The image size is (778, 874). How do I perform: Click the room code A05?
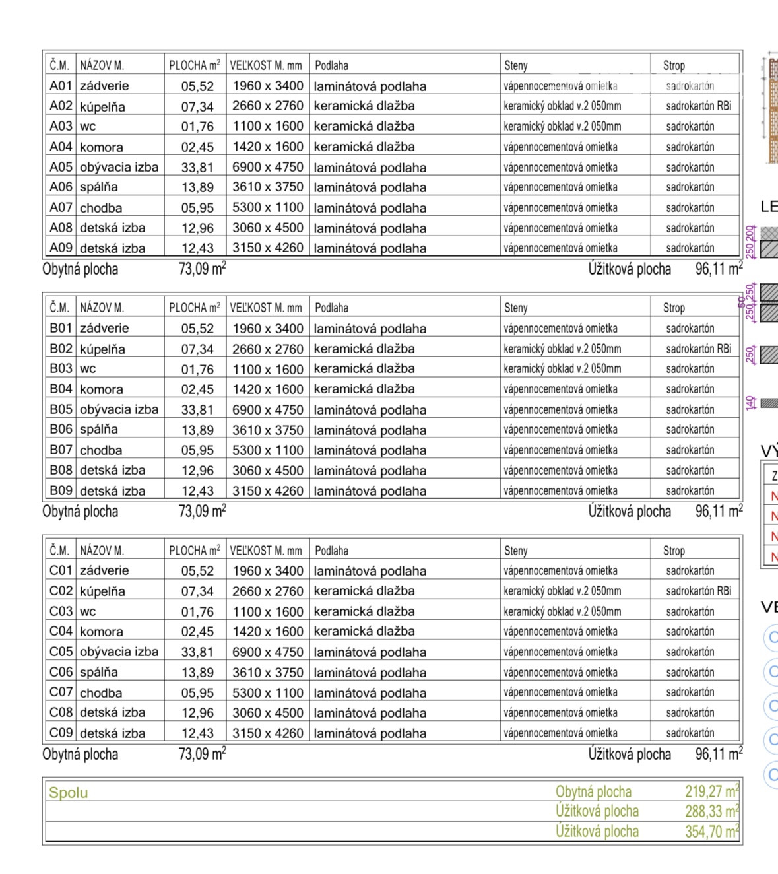pyautogui.click(x=60, y=167)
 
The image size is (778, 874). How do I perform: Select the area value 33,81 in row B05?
pyautogui.click(x=197, y=410)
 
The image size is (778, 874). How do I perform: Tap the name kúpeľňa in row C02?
pyautogui.click(x=102, y=591)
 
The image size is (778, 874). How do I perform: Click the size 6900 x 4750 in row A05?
pyautogui.click(x=267, y=167)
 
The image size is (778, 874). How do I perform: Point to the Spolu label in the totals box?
pyautogui.click(x=68, y=793)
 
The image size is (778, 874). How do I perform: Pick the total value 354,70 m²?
pyautogui.click(x=711, y=832)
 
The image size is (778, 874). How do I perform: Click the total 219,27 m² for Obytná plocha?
pyautogui.click(x=711, y=791)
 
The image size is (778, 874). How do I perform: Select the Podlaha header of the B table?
pyautogui.click(x=331, y=308)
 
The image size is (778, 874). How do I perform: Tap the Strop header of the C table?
pyautogui.click(x=674, y=551)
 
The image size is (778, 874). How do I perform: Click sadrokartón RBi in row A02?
pyautogui.click(x=698, y=106)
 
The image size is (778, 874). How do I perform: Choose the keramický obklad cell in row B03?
pyautogui.click(x=562, y=369)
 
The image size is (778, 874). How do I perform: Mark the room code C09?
pyautogui.click(x=61, y=733)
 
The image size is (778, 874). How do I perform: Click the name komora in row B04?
pyautogui.click(x=101, y=389)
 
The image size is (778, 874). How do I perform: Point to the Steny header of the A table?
pyautogui.click(x=516, y=65)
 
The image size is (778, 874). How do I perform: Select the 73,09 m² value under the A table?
pyautogui.click(x=202, y=269)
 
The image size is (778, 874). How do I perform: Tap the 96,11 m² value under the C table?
pyautogui.click(x=719, y=754)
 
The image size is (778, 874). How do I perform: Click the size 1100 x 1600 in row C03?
pyautogui.click(x=267, y=612)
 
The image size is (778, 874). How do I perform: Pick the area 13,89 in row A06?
pyautogui.click(x=197, y=187)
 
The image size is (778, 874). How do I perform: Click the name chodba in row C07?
pyautogui.click(x=101, y=693)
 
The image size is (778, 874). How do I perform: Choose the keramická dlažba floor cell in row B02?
pyautogui.click(x=364, y=349)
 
